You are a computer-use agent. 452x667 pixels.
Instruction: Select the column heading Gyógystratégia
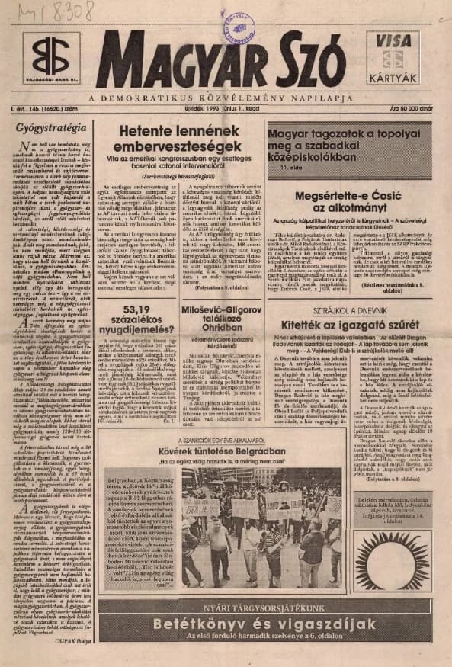(x=48, y=127)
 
